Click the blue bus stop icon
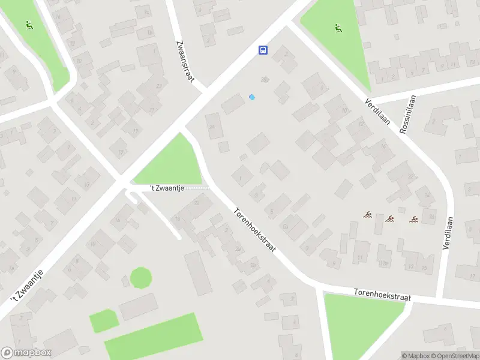click(263, 50)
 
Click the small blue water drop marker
click(252, 97)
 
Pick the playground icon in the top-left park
click(28, 26)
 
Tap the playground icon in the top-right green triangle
click(338, 28)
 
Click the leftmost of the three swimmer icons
click(367, 214)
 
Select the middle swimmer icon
click(390, 218)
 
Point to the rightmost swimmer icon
click(413, 218)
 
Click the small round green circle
click(141, 278)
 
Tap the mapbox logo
click(26, 353)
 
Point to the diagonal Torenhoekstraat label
click(255, 229)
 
